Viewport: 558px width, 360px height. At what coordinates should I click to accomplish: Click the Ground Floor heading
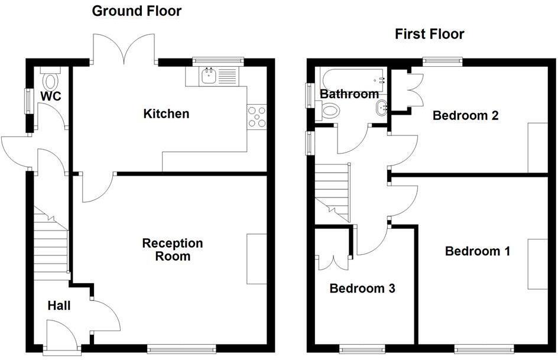(137, 11)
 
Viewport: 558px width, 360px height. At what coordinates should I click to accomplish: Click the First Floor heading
(430, 34)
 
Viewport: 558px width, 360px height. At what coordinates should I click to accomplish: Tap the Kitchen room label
(167, 113)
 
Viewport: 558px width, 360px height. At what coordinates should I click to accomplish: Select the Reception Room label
(173, 249)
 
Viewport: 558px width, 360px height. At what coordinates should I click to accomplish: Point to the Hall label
(59, 306)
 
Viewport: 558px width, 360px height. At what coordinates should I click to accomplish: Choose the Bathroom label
(349, 94)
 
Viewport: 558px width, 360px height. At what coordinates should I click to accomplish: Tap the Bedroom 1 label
(477, 251)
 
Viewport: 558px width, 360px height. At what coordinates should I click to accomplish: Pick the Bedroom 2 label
(465, 115)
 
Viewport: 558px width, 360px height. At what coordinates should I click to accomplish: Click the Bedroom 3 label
(362, 288)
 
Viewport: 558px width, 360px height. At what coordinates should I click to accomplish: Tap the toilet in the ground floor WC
(51, 79)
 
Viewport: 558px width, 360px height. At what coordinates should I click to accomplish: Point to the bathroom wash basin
(382, 107)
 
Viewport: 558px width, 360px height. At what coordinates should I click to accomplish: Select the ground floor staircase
(50, 245)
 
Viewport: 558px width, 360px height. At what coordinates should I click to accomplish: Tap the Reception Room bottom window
(181, 349)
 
